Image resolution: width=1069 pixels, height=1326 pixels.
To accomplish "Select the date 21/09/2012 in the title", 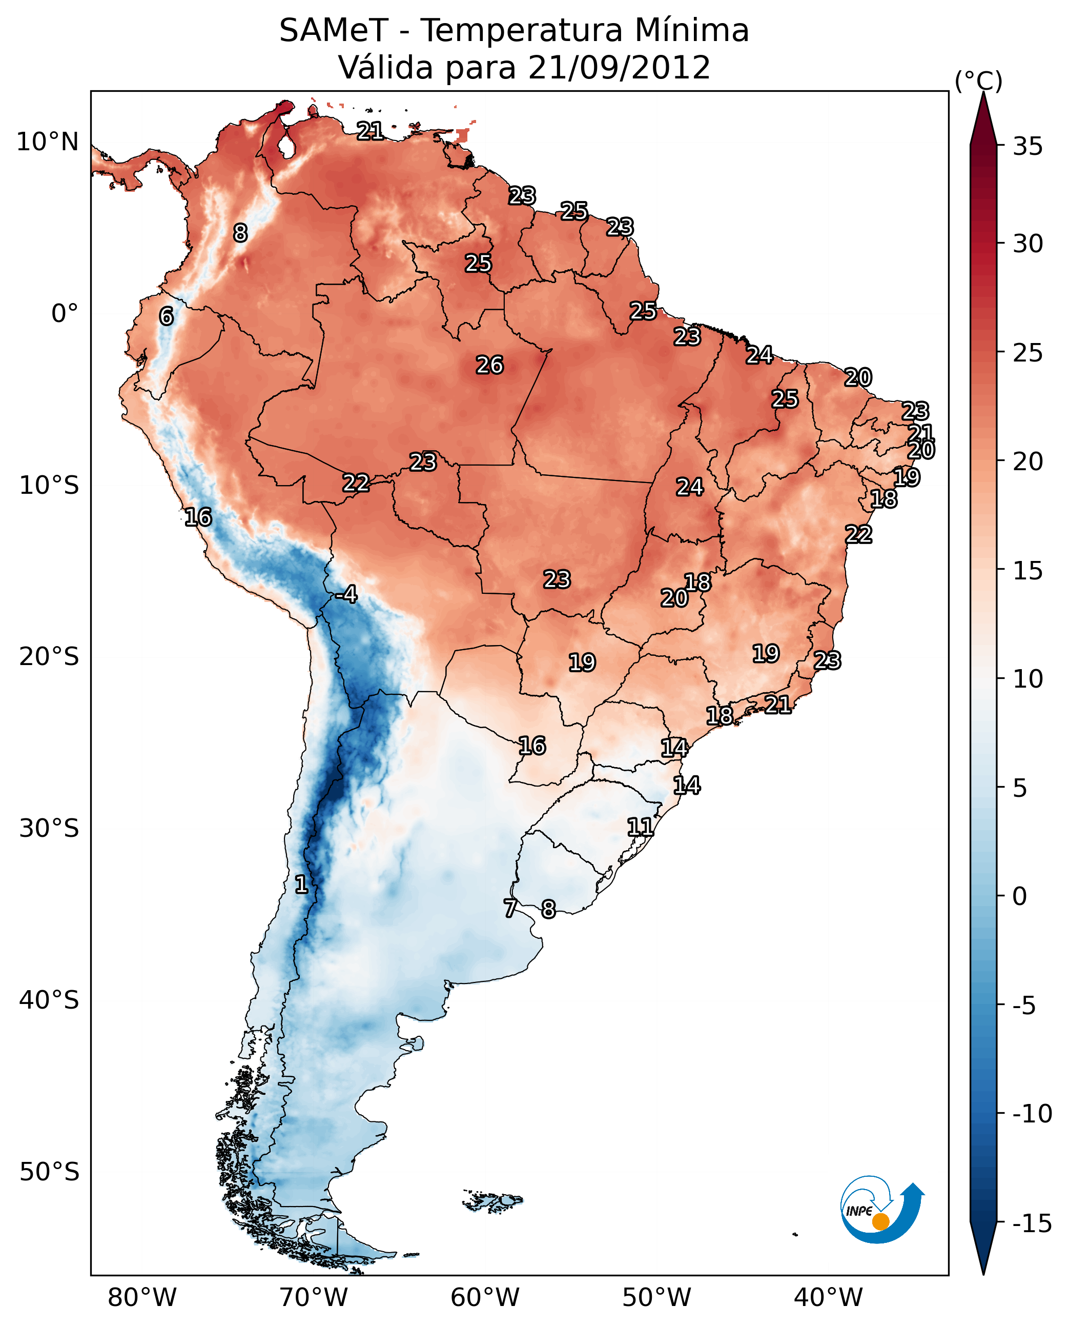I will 619,68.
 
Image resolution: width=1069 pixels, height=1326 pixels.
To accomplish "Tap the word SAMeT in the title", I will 333,31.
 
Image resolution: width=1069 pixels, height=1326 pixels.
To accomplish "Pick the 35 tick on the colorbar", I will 1027,147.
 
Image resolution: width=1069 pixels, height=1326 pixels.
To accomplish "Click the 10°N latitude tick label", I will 48,143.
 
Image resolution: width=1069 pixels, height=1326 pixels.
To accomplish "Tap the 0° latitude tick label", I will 65,314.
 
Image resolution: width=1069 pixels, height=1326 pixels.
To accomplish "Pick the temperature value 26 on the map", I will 489,366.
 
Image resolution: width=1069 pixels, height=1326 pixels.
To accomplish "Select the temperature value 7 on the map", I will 510,908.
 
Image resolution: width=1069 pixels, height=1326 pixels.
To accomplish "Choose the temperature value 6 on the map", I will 166,317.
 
